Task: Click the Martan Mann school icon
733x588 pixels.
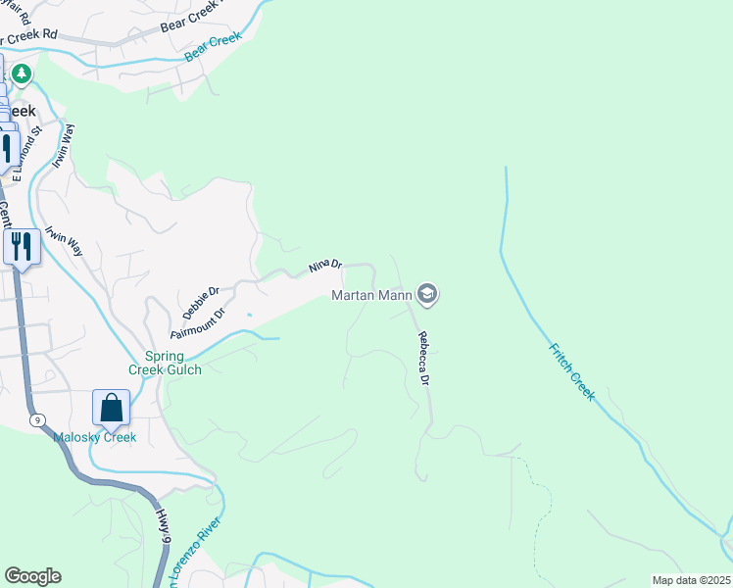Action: (427, 293)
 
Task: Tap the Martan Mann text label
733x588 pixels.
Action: (371, 294)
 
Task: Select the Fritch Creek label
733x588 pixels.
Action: (571, 369)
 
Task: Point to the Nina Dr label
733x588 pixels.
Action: (325, 265)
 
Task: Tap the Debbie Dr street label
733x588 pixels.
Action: (200, 303)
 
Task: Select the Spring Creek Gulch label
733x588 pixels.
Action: (165, 362)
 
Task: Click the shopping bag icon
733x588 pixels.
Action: (112, 409)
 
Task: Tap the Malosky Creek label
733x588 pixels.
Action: (94, 437)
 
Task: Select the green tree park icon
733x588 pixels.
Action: (21, 73)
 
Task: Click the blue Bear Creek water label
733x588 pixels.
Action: (213, 49)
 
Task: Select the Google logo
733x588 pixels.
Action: (32, 576)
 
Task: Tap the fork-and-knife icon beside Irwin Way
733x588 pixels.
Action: (22, 246)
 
